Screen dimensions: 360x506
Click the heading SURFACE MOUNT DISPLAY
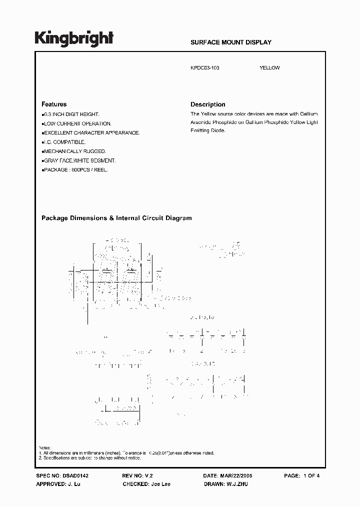click(230, 42)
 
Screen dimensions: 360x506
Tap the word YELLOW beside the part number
click(269, 68)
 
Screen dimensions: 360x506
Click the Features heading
click(54, 104)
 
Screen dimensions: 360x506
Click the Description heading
click(208, 104)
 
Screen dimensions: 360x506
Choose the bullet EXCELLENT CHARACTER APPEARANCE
click(91, 133)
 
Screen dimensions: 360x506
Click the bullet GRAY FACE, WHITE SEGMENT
click(79, 160)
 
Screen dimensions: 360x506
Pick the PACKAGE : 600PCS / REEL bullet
click(75, 169)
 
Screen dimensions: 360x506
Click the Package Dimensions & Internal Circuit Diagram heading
click(116, 218)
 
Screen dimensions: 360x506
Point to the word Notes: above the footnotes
click(45, 447)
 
